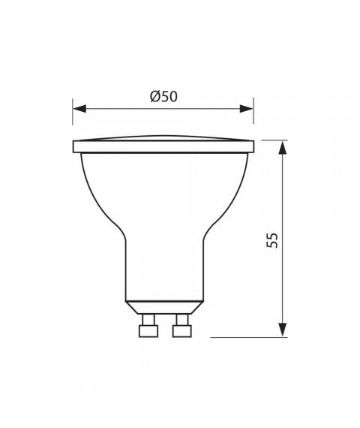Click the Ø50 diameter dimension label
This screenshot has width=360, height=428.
pyautogui.click(x=162, y=96)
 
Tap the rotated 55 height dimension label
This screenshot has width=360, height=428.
pyautogui.click(x=272, y=240)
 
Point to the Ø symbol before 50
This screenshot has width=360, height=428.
pyautogui.click(x=152, y=96)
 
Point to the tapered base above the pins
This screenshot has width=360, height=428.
pyautogui.click(x=163, y=306)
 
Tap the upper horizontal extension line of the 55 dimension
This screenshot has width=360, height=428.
pyautogui.click(x=273, y=140)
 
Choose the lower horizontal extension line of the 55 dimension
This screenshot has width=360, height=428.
pyautogui.click(x=247, y=337)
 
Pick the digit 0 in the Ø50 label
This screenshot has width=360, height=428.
pyautogui.click(x=172, y=96)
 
